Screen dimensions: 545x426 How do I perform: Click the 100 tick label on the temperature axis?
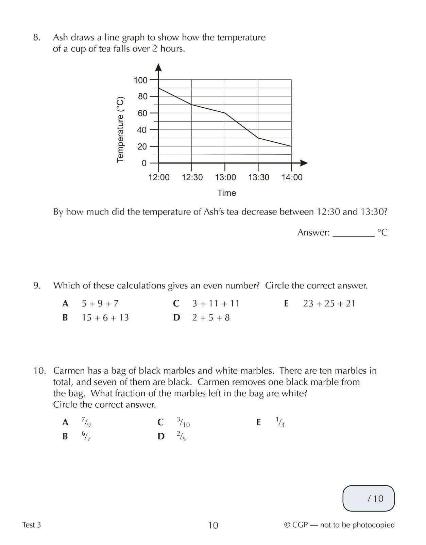pos(140,80)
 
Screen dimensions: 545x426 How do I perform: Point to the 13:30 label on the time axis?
pos(258,177)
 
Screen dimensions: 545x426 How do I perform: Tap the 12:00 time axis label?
pos(159,177)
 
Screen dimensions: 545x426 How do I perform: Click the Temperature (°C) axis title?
pos(120,130)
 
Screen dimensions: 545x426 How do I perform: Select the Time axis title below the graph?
pos(226,193)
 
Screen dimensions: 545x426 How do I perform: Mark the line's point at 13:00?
pos(225,113)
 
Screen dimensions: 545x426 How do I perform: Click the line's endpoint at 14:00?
pos(291,146)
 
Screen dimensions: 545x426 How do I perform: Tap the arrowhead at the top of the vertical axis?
pos(158,67)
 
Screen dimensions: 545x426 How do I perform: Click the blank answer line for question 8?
pos(353,234)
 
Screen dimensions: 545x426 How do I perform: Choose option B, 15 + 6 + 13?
pos(105,318)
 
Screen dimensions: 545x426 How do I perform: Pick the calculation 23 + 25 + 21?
pos(329,303)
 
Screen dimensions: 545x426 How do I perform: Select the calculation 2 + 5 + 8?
pos(211,318)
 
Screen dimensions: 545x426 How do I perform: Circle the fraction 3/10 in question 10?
pos(183,422)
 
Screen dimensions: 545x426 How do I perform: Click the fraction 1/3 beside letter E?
pos(280,422)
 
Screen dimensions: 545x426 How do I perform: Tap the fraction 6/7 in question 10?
pos(86,436)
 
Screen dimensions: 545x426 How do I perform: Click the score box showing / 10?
pos(369,499)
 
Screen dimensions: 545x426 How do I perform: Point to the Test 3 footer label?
pos(31,525)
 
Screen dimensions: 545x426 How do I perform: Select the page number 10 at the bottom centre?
pos(213,525)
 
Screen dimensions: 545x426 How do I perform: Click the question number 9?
pos(37,285)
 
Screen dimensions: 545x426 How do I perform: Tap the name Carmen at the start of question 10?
pos(69,371)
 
